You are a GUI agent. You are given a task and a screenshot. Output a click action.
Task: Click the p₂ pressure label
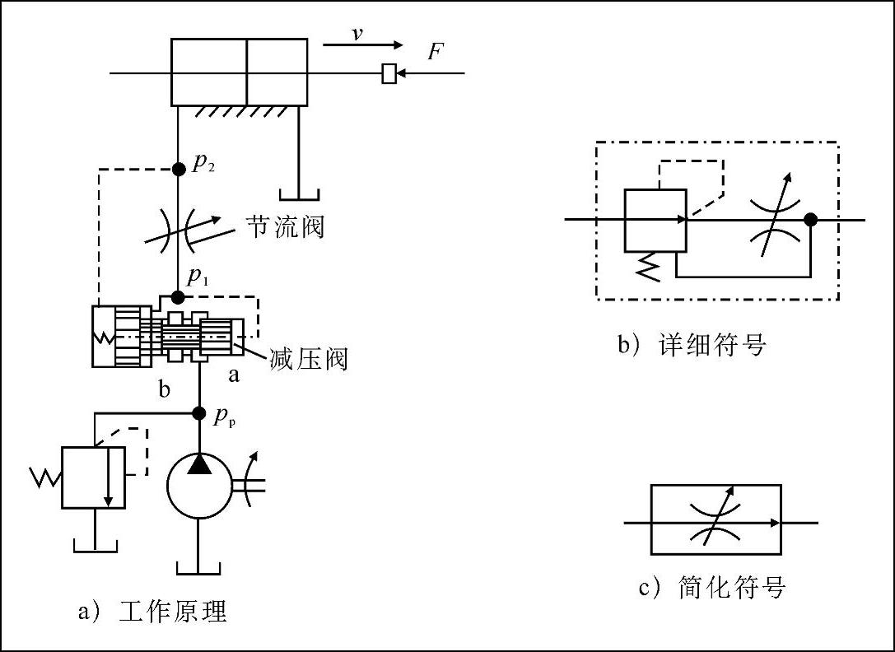203,163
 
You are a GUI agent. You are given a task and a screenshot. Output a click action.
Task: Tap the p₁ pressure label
196,277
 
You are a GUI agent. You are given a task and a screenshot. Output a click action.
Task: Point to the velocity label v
357,35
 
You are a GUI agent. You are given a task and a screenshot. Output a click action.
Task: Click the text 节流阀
285,226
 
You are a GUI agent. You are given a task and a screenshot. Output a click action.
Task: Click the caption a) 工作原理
151,612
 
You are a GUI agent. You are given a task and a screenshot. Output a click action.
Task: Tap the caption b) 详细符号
692,344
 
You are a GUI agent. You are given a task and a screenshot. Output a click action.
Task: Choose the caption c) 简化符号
712,588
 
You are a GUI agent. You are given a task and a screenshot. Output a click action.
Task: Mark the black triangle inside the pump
199,465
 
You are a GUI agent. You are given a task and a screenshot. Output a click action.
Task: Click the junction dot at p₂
178,169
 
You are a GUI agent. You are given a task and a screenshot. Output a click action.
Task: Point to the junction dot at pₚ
198,412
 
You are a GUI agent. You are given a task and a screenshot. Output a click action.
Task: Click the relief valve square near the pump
93,477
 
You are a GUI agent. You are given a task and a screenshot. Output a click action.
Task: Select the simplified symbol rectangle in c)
716,521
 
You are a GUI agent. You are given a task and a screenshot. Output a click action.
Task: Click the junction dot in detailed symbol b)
810,220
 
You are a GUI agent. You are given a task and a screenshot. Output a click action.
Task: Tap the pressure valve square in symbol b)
655,220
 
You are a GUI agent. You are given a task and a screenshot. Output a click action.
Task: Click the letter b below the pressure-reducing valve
165,389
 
